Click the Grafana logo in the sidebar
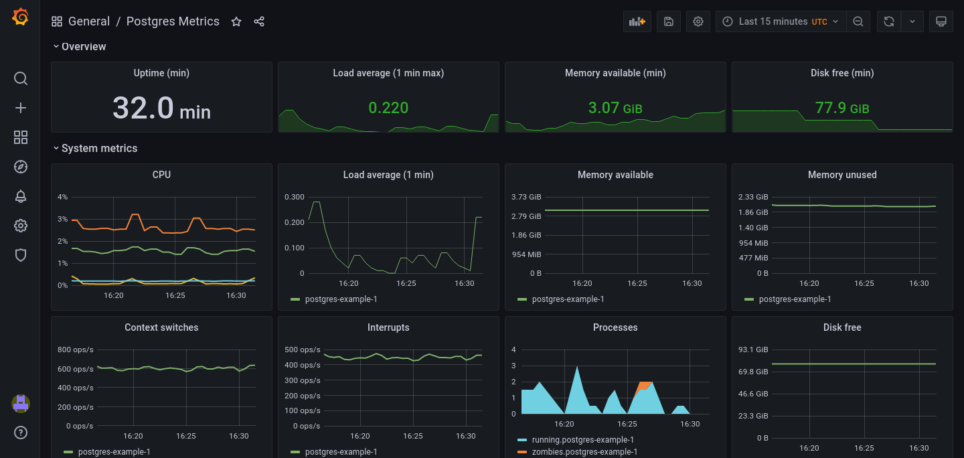point(20,17)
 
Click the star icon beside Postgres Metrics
point(236,22)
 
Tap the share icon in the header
point(259,22)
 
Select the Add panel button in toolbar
point(637,21)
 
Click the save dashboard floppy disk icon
point(668,21)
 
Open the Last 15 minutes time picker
point(781,21)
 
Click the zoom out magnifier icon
point(858,21)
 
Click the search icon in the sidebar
point(21,78)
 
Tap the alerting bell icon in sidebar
point(21,196)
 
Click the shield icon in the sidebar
point(21,255)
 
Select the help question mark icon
point(21,433)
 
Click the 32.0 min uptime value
point(161,108)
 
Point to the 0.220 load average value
point(388,108)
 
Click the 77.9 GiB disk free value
point(841,108)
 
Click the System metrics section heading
point(99,149)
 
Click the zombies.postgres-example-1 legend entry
point(584,451)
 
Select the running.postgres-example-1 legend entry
point(582,440)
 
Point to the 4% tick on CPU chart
point(63,197)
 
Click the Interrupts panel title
point(388,327)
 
